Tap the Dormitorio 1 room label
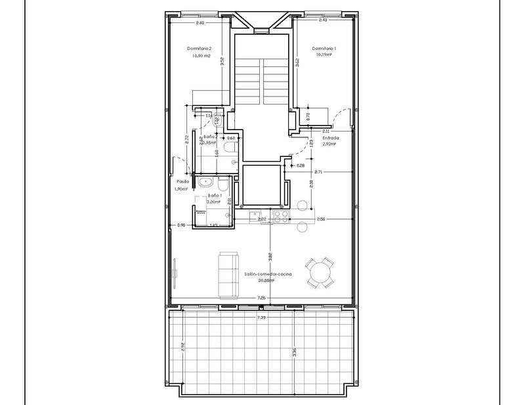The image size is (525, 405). (x=324, y=49)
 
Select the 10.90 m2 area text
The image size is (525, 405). (x=201, y=56)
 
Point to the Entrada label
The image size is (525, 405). (x=330, y=138)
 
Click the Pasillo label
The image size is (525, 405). (x=183, y=181)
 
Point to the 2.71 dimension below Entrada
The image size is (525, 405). (x=318, y=172)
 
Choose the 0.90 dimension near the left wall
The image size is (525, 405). (x=182, y=226)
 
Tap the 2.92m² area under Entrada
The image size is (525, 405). (x=329, y=145)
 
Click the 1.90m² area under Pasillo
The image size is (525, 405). (x=182, y=189)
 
